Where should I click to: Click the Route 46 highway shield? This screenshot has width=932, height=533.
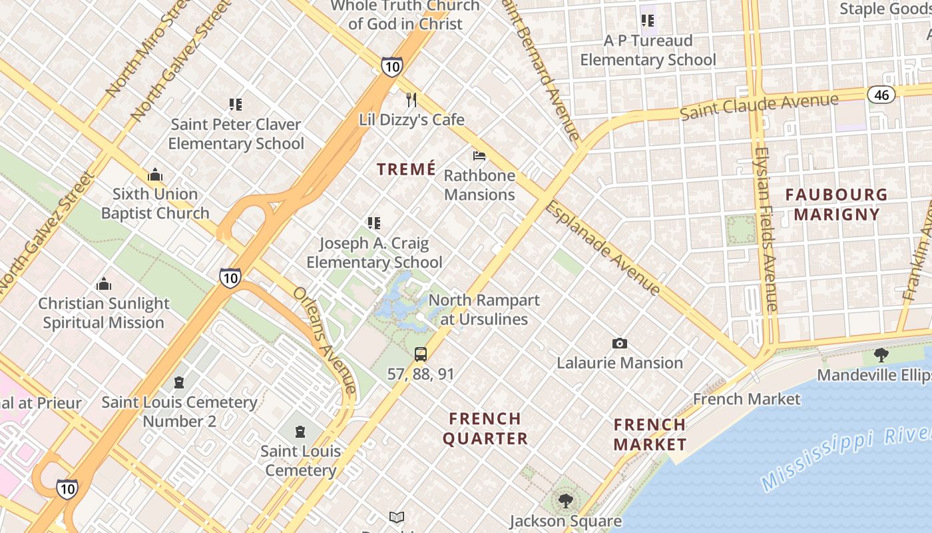(881, 95)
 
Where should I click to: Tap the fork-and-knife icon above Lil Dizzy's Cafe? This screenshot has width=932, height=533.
(411, 100)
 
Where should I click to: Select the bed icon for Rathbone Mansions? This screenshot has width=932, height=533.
(479, 156)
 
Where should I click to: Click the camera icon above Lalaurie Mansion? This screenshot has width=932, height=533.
(620, 344)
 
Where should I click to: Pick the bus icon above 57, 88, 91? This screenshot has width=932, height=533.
(421, 354)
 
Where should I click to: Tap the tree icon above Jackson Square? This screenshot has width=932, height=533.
(566, 500)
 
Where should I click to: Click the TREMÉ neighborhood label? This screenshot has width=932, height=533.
(406, 169)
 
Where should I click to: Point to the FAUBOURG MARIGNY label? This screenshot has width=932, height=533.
(836, 205)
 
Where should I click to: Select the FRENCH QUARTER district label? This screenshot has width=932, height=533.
(485, 428)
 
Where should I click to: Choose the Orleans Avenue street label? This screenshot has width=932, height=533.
(325, 340)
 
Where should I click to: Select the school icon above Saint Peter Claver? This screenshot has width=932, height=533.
(235, 105)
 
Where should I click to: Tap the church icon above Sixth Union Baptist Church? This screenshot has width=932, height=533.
(155, 175)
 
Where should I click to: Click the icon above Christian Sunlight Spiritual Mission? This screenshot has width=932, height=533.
(104, 284)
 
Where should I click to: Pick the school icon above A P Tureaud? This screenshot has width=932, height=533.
(648, 21)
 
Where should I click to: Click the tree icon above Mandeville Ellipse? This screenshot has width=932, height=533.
(881, 355)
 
